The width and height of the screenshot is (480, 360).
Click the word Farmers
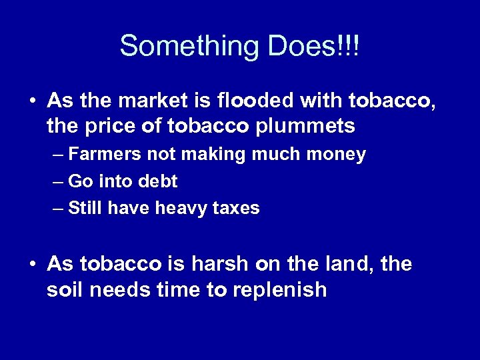pyautogui.click(x=101, y=155)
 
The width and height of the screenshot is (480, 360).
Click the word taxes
pyautogui.click(x=236, y=208)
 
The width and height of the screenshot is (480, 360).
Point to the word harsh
pyautogui.click(x=215, y=265)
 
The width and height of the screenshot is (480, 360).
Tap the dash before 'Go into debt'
pyautogui.click(x=57, y=182)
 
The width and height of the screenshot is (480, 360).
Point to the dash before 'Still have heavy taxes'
pyautogui.click(x=57, y=209)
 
